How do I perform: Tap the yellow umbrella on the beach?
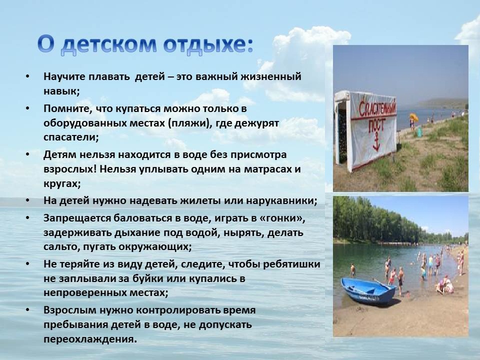[413, 117]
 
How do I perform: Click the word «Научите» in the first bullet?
[64, 76]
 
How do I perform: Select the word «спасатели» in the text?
[71, 137]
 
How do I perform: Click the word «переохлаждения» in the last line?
[90, 339]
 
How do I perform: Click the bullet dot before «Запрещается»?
[28, 218]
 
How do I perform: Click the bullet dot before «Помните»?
[28, 108]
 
